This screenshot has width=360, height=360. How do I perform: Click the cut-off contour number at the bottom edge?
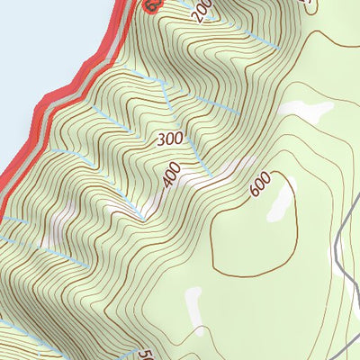(145, 354)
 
